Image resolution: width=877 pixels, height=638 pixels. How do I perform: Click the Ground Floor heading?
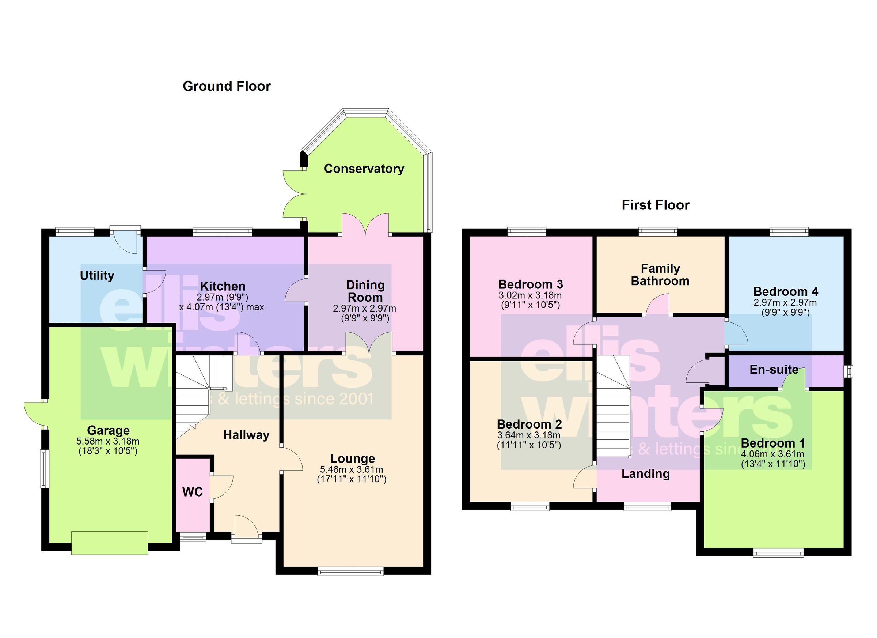point(227,86)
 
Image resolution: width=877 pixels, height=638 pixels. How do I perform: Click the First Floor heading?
point(656,205)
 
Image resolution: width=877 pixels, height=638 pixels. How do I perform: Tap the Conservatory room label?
point(364,169)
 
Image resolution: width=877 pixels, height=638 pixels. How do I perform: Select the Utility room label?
point(97,275)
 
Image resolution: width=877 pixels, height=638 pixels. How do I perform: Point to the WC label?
point(193,492)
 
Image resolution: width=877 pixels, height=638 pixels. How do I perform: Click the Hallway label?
point(246,435)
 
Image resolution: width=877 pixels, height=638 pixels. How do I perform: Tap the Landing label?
point(645,473)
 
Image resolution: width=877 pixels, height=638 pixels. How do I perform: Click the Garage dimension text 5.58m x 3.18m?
point(108,441)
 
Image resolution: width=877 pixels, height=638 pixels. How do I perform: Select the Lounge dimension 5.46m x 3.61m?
point(352,470)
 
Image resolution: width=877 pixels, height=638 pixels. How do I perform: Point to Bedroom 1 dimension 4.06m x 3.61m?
point(772,454)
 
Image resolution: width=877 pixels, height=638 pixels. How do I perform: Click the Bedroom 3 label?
point(531,284)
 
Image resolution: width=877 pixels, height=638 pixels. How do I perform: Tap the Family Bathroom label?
point(660,275)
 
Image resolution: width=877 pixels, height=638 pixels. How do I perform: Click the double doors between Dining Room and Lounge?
point(369,344)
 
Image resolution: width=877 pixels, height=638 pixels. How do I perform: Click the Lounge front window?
point(351,571)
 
